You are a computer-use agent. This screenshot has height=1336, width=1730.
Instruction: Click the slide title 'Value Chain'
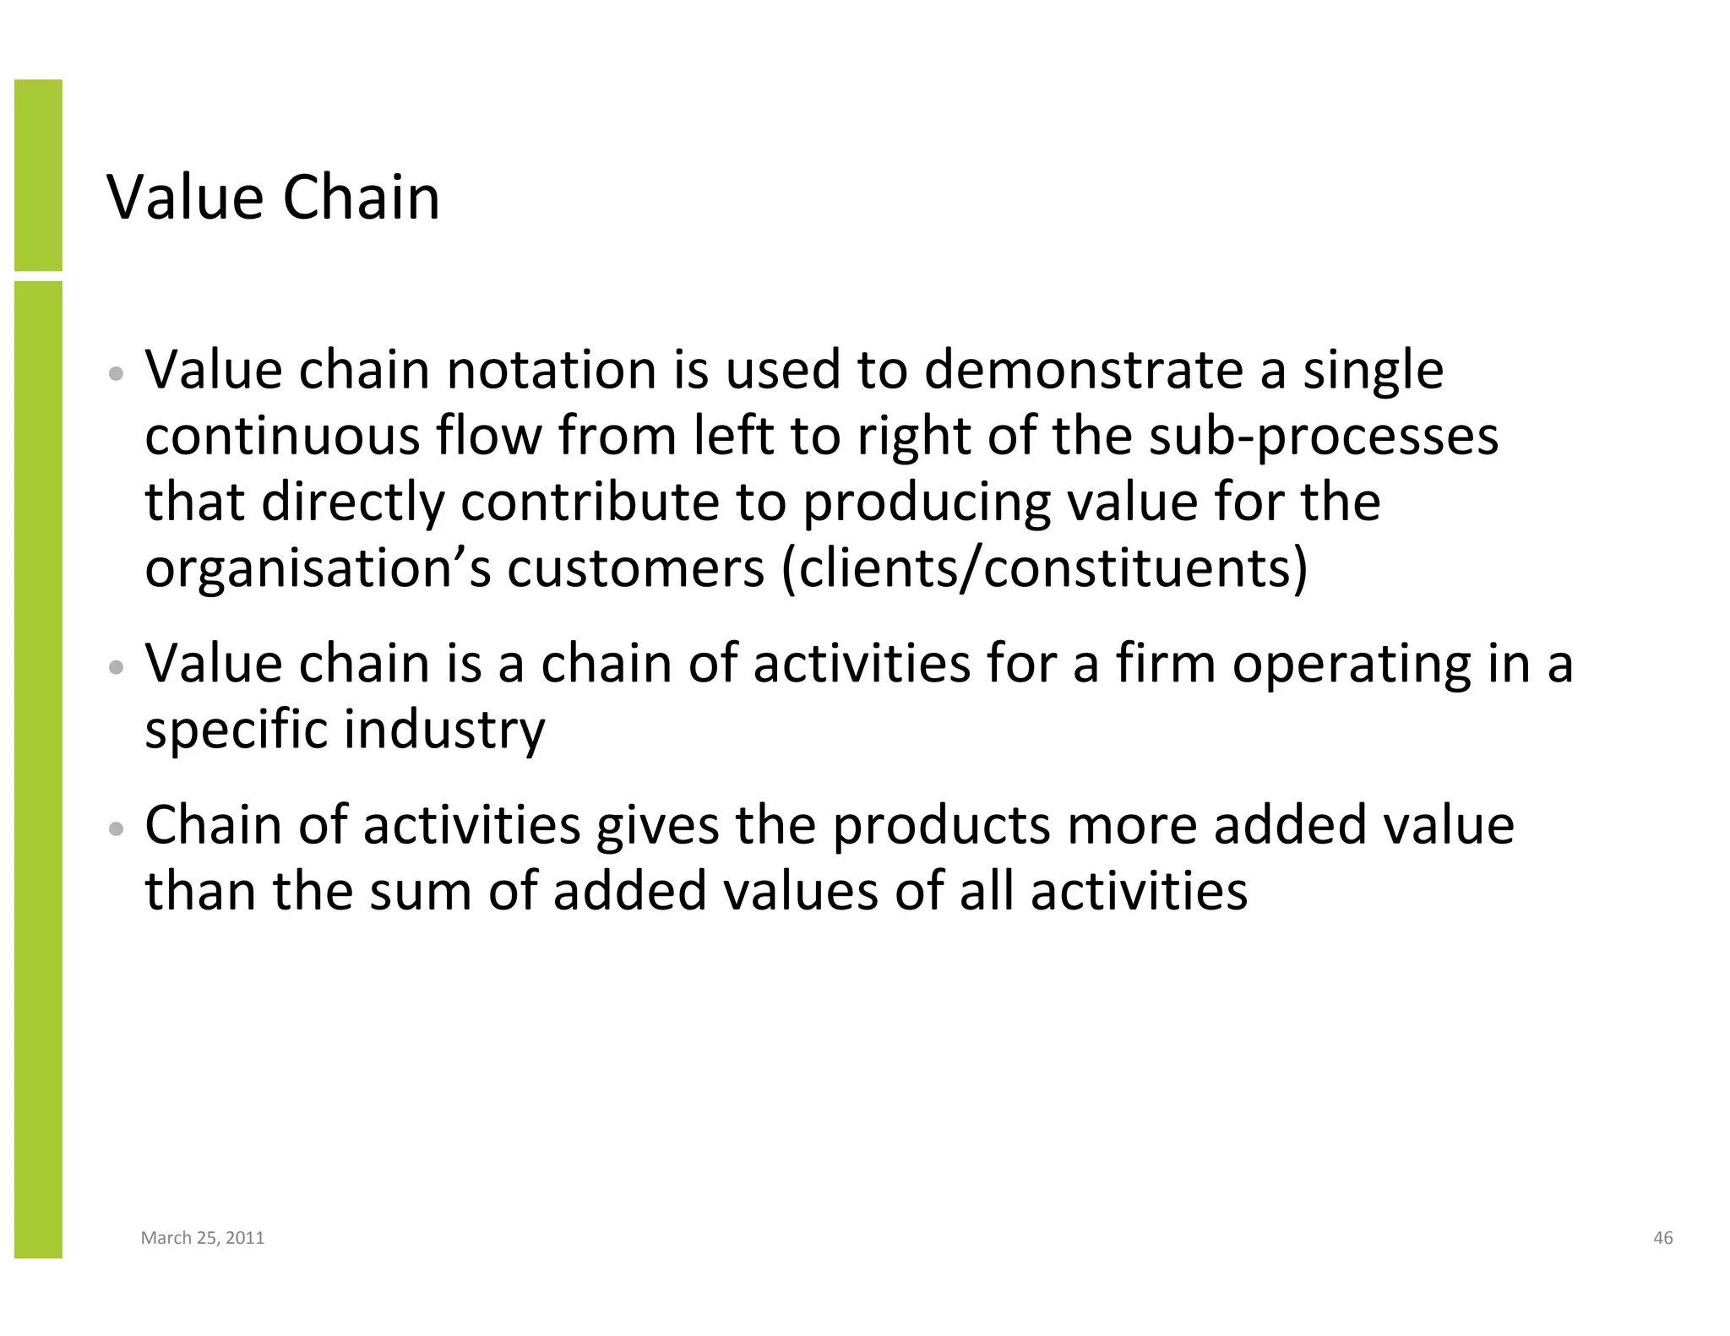pos(273,198)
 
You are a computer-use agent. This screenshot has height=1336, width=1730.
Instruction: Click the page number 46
pos(1662,1238)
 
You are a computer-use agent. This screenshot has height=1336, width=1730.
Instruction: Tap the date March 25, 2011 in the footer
pos(203,1238)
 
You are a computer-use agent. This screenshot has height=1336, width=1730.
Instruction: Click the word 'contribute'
pos(590,502)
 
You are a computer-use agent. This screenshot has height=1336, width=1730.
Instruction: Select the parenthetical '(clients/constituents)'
pos(1044,568)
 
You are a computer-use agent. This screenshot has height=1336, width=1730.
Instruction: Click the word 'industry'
pos(445,730)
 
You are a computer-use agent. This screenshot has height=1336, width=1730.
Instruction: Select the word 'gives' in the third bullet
pos(657,826)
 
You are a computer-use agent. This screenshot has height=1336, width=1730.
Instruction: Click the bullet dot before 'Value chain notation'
pos(117,373)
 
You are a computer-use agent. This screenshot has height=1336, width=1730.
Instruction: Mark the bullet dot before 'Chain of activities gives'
pos(117,828)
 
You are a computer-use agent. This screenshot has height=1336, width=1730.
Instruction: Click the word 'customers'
pos(635,569)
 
